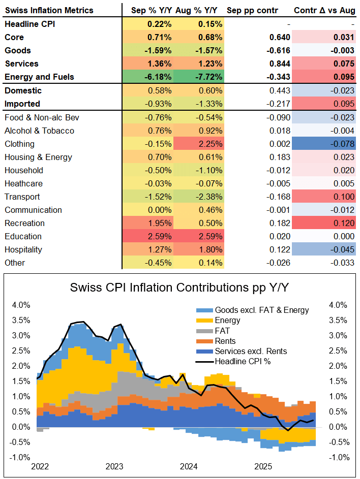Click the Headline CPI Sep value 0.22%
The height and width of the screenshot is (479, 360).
pyautogui.click(x=160, y=24)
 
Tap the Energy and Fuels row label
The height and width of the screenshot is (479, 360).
pyautogui.click(x=39, y=77)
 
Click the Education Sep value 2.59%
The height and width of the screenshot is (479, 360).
pyautogui.click(x=160, y=236)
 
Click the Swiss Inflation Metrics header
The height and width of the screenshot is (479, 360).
pyautogui.click(x=49, y=10)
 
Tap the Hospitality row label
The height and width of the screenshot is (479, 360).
pyautogui.click(x=23, y=249)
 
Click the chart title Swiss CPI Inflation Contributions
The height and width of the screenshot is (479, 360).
pyautogui.click(x=179, y=288)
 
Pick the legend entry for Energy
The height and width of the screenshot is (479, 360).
pyautogui.click(x=227, y=320)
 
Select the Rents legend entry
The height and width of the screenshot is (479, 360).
pyautogui.click(x=225, y=341)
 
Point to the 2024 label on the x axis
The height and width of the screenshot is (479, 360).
pyautogui.click(x=189, y=466)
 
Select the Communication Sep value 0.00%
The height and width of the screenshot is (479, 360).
pyautogui.click(x=160, y=210)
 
